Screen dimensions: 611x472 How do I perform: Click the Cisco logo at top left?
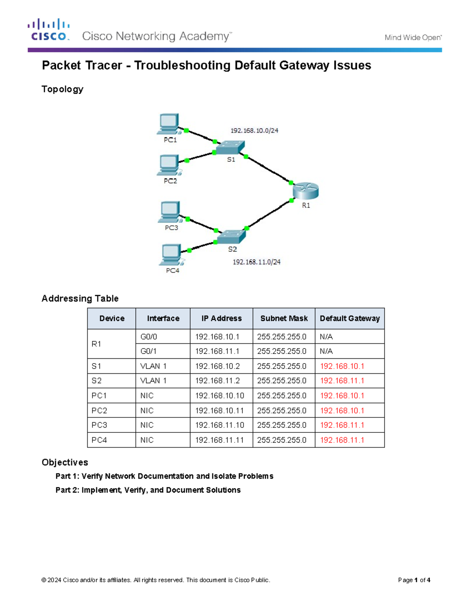pyautogui.click(x=49, y=30)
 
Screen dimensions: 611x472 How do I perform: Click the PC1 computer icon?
pyautogui.click(x=170, y=124)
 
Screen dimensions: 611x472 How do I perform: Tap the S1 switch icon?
pyautogui.click(x=230, y=148)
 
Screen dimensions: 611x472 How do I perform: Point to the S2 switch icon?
pyautogui.click(x=231, y=236)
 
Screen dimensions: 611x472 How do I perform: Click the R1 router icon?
pyautogui.click(x=306, y=191)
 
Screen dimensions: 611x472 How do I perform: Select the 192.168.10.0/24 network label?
pyautogui.click(x=254, y=131)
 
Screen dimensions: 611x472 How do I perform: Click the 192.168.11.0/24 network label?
pyautogui.click(x=256, y=262)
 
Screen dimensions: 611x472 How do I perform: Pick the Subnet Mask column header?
pyautogui.click(x=284, y=318)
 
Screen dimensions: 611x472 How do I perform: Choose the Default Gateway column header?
pyautogui.click(x=350, y=318)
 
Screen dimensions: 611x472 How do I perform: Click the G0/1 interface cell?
pyautogui.click(x=149, y=351)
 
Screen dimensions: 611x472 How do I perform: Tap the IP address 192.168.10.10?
pyautogui.click(x=219, y=395)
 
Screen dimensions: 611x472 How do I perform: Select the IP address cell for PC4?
pyautogui.click(x=219, y=440)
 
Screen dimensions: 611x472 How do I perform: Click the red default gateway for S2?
pyautogui.click(x=342, y=380)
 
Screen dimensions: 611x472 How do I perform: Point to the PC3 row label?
pyautogui.click(x=99, y=425)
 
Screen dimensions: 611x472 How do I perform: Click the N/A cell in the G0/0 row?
pyautogui.click(x=326, y=336)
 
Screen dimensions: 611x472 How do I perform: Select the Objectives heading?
pyautogui.click(x=65, y=462)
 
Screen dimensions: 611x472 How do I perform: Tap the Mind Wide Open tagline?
pyautogui.click(x=413, y=38)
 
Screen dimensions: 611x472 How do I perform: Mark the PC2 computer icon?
pyautogui.click(x=170, y=165)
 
